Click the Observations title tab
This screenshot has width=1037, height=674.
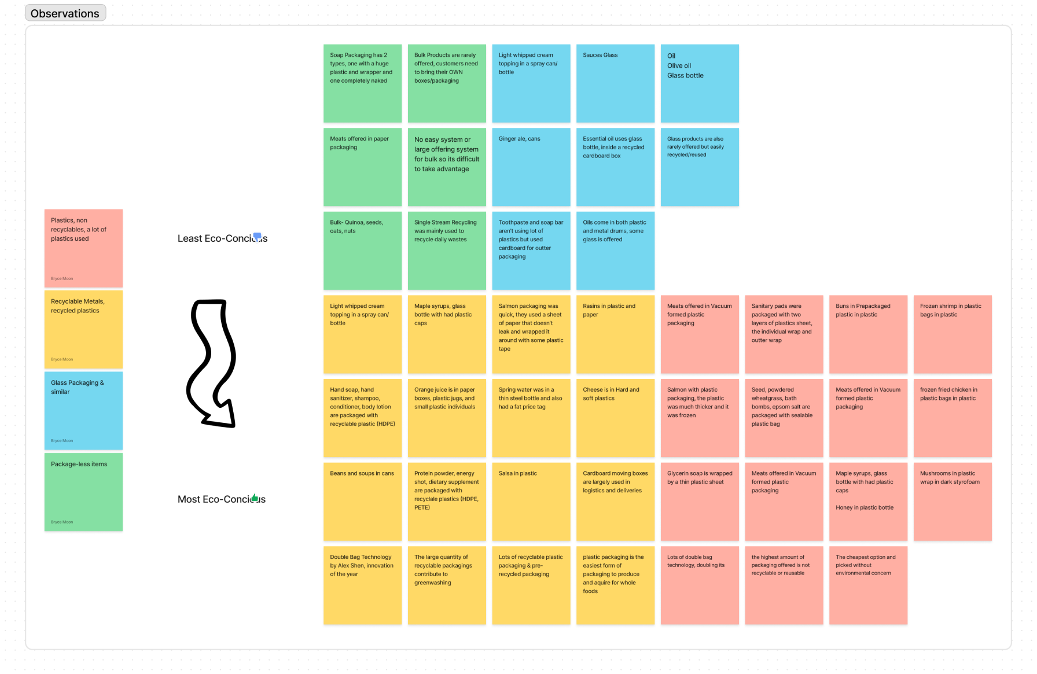65,13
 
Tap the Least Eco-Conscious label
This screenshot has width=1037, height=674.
222,238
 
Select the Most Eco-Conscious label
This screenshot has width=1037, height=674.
221,499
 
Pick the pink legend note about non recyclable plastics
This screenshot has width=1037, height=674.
83,248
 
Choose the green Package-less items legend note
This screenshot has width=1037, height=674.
83,492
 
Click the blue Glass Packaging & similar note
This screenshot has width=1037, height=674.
83,410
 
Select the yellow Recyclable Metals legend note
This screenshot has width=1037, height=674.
83,329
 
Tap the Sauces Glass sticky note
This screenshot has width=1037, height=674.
615,83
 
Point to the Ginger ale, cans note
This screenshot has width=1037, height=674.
531,167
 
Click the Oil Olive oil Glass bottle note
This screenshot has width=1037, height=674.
700,83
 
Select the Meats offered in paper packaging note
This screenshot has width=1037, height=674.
362,167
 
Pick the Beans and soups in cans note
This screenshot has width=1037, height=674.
362,502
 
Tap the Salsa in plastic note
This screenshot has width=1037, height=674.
531,502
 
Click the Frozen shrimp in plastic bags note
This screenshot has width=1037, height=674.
953,334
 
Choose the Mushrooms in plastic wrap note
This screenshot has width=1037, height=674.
953,502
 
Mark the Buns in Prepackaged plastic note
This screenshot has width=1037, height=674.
868,334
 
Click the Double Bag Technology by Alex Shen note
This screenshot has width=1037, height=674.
362,585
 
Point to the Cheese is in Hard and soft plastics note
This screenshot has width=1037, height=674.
615,418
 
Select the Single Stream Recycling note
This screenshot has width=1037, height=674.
447,251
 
